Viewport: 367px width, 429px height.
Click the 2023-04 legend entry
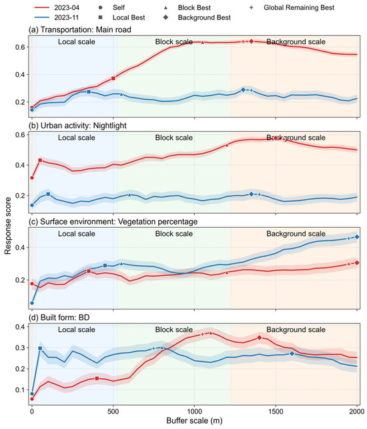pyautogui.click(x=57, y=7)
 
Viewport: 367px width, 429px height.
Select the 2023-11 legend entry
pyautogui.click(x=57, y=17)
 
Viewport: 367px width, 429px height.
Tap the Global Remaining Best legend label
pyautogui.click(x=299, y=7)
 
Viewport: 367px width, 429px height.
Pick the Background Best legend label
pyautogui.click(x=204, y=17)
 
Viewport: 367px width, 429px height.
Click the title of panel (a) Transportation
pyautogui.click(x=80, y=29)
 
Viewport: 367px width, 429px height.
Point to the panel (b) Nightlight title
pyautogui.click(x=77, y=126)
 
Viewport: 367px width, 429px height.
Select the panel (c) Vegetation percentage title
pyautogui.click(x=113, y=222)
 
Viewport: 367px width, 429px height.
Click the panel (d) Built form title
pyautogui.click(x=59, y=317)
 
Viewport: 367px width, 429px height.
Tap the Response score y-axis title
pyautogui.click(x=7, y=226)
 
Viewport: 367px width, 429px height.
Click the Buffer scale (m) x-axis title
pyautogui.click(x=194, y=420)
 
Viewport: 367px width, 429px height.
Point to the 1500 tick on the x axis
pyautogui.click(x=276, y=412)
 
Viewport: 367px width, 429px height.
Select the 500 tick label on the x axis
pyautogui.click(x=113, y=412)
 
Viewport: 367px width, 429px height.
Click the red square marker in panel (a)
pyautogui.click(x=113, y=79)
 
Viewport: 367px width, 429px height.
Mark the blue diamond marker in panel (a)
pyautogui.click(x=243, y=90)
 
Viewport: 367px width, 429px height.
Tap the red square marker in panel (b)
pyautogui.click(x=40, y=160)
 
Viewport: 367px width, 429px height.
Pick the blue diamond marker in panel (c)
pyautogui.click(x=357, y=237)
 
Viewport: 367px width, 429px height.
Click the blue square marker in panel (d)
pyautogui.click(x=40, y=348)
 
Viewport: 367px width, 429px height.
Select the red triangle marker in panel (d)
pyautogui.click(x=211, y=333)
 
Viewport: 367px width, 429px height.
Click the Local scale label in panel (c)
pyautogui.click(x=77, y=234)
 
